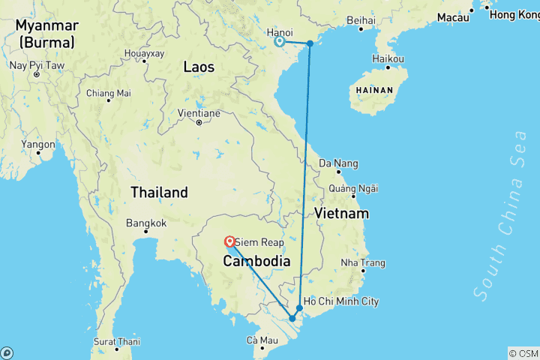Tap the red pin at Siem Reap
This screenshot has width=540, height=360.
coord(230,242)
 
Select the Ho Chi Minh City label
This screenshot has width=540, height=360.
coord(341,301)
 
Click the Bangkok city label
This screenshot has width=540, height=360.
coord(145,223)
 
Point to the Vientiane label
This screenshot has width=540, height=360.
coord(199,113)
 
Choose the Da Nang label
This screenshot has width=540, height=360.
coord(339,163)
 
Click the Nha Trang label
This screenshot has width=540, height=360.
coord(362,263)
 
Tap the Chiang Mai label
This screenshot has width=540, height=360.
coord(108,93)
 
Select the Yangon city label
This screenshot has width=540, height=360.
coord(38,144)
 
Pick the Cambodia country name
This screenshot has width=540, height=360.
coord(257,262)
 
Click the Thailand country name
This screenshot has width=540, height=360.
coord(159,193)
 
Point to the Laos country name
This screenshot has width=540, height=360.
coord(199,67)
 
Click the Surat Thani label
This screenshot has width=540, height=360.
coord(116,341)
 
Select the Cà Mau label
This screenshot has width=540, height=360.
coord(262,341)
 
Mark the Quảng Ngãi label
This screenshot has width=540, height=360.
coord(353,188)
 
